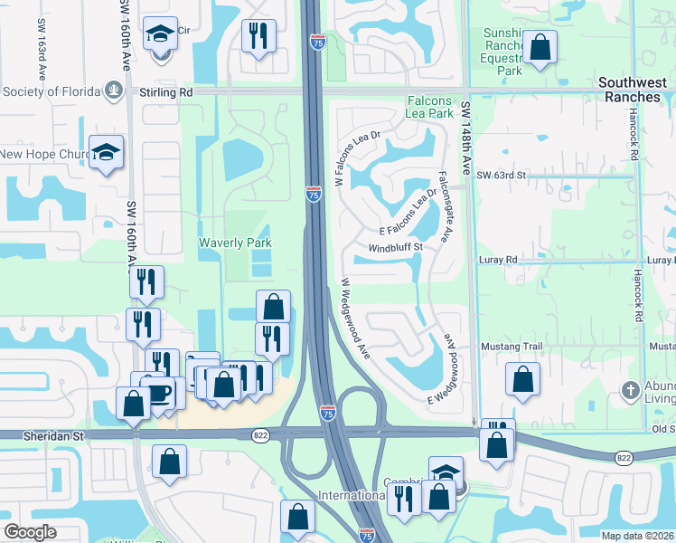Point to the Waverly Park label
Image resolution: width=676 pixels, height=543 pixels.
coord(235,243)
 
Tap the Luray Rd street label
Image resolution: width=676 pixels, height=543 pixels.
coord(498,260)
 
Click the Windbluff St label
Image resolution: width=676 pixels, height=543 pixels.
coord(395,248)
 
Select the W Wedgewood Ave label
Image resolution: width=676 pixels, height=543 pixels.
coord(355,317)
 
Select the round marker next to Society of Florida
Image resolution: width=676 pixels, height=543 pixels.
coord(114,90)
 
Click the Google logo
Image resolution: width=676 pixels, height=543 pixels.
coord(30,532)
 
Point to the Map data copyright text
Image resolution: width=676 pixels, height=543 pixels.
coord(637,536)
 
